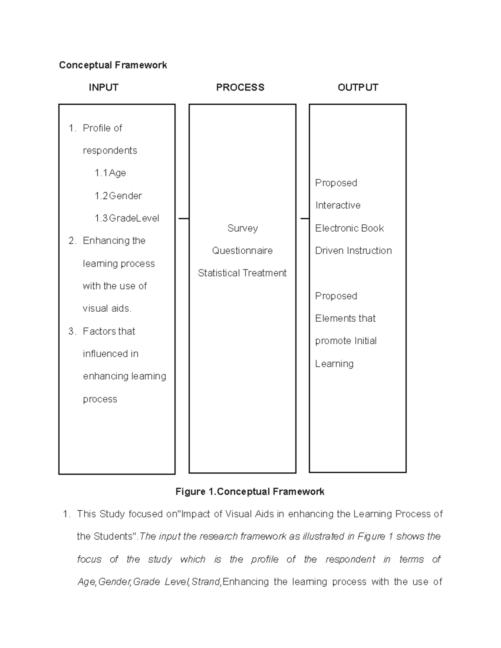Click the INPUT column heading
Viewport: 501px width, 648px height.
[x=104, y=87]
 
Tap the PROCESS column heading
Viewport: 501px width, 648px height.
[x=240, y=87]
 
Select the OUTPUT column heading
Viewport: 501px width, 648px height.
[x=358, y=87]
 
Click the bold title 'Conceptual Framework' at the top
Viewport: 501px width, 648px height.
[x=113, y=65]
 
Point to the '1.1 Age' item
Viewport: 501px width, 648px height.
[x=110, y=173]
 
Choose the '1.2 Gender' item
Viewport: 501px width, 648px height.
[x=118, y=196]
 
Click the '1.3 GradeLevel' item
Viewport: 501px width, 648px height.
[x=127, y=218]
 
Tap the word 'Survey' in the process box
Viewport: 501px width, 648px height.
[x=243, y=228]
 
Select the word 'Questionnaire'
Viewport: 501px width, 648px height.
[x=242, y=251]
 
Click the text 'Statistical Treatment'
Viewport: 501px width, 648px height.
[x=242, y=273]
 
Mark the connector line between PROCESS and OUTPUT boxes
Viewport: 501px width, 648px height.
[x=304, y=218]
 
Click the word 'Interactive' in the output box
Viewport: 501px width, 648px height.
[x=338, y=205]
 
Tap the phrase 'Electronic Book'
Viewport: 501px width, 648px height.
[x=349, y=228]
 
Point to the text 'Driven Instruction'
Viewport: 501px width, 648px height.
[x=354, y=251]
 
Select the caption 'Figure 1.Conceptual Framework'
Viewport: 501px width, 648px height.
[x=250, y=492]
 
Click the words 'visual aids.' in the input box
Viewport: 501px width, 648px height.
[x=107, y=308]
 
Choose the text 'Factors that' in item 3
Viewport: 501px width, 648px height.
[x=109, y=331]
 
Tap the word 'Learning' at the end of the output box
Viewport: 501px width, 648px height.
[x=334, y=364]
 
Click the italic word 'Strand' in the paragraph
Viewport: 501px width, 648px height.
[x=206, y=582]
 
